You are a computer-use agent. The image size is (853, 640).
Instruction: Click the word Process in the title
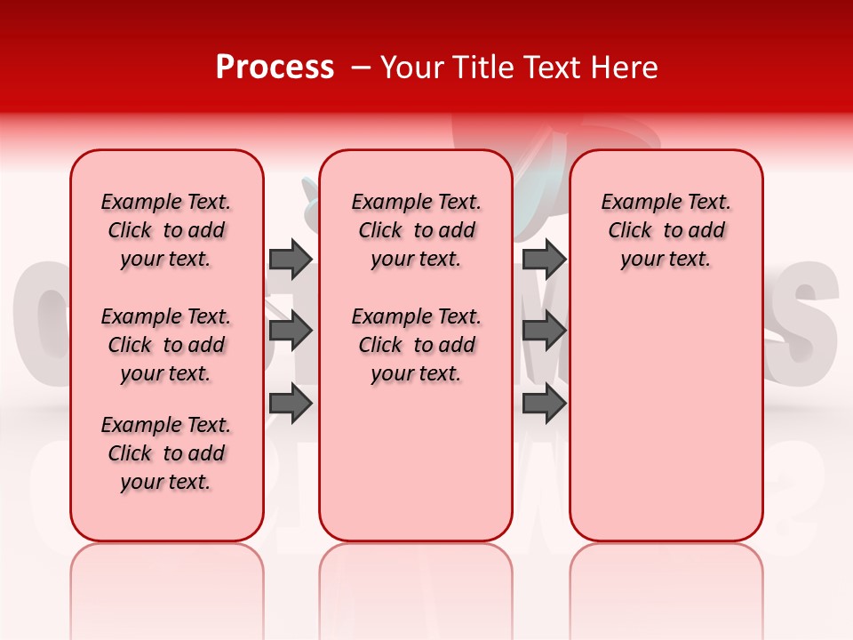275,68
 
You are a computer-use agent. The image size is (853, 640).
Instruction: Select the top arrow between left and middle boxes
290,259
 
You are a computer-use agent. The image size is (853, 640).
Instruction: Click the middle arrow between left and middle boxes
290,332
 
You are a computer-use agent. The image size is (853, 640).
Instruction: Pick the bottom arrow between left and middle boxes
290,404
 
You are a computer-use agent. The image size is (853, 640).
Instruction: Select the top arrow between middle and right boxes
544,259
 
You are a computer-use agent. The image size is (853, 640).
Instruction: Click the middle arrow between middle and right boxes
544,332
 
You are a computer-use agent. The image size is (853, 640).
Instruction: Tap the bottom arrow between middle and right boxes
544,404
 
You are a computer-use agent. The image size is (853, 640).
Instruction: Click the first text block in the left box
166,230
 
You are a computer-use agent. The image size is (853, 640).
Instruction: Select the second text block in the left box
166,345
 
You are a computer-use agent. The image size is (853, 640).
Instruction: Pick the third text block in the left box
166,453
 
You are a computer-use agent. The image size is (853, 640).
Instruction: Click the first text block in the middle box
416,230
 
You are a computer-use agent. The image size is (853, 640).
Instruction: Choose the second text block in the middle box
416,345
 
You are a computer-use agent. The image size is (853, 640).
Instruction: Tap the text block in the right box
666,230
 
